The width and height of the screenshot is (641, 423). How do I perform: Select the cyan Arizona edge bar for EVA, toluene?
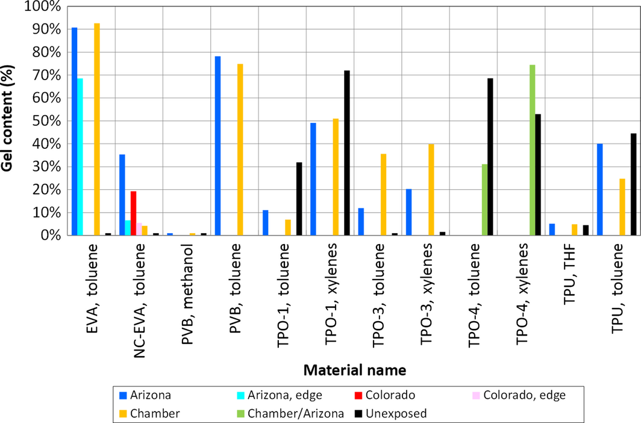80,157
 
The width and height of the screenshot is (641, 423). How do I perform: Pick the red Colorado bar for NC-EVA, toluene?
134,213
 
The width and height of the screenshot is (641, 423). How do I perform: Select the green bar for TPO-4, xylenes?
533,150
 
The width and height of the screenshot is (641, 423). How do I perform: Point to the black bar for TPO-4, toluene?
490,157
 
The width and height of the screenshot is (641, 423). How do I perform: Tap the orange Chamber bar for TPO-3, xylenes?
431,190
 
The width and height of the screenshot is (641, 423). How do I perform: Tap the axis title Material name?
354,368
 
